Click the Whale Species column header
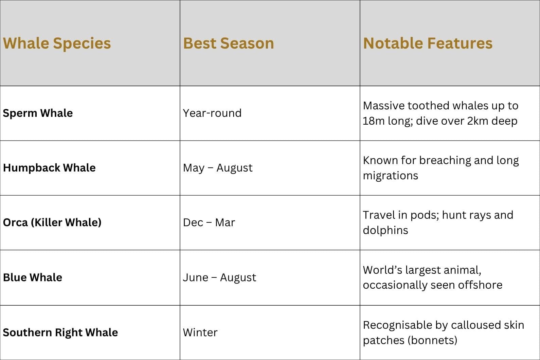click(x=57, y=44)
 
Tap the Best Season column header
click(x=229, y=43)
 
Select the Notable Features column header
click(x=428, y=43)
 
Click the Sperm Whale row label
click(x=38, y=113)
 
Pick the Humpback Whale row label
click(x=49, y=168)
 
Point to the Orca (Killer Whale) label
click(x=52, y=222)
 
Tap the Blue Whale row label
click(x=33, y=277)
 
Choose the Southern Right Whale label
click(x=60, y=332)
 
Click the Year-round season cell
click(x=212, y=113)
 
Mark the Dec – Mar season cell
click(x=209, y=222)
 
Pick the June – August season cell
click(x=219, y=277)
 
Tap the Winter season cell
click(x=200, y=332)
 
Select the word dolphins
click(x=385, y=230)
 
